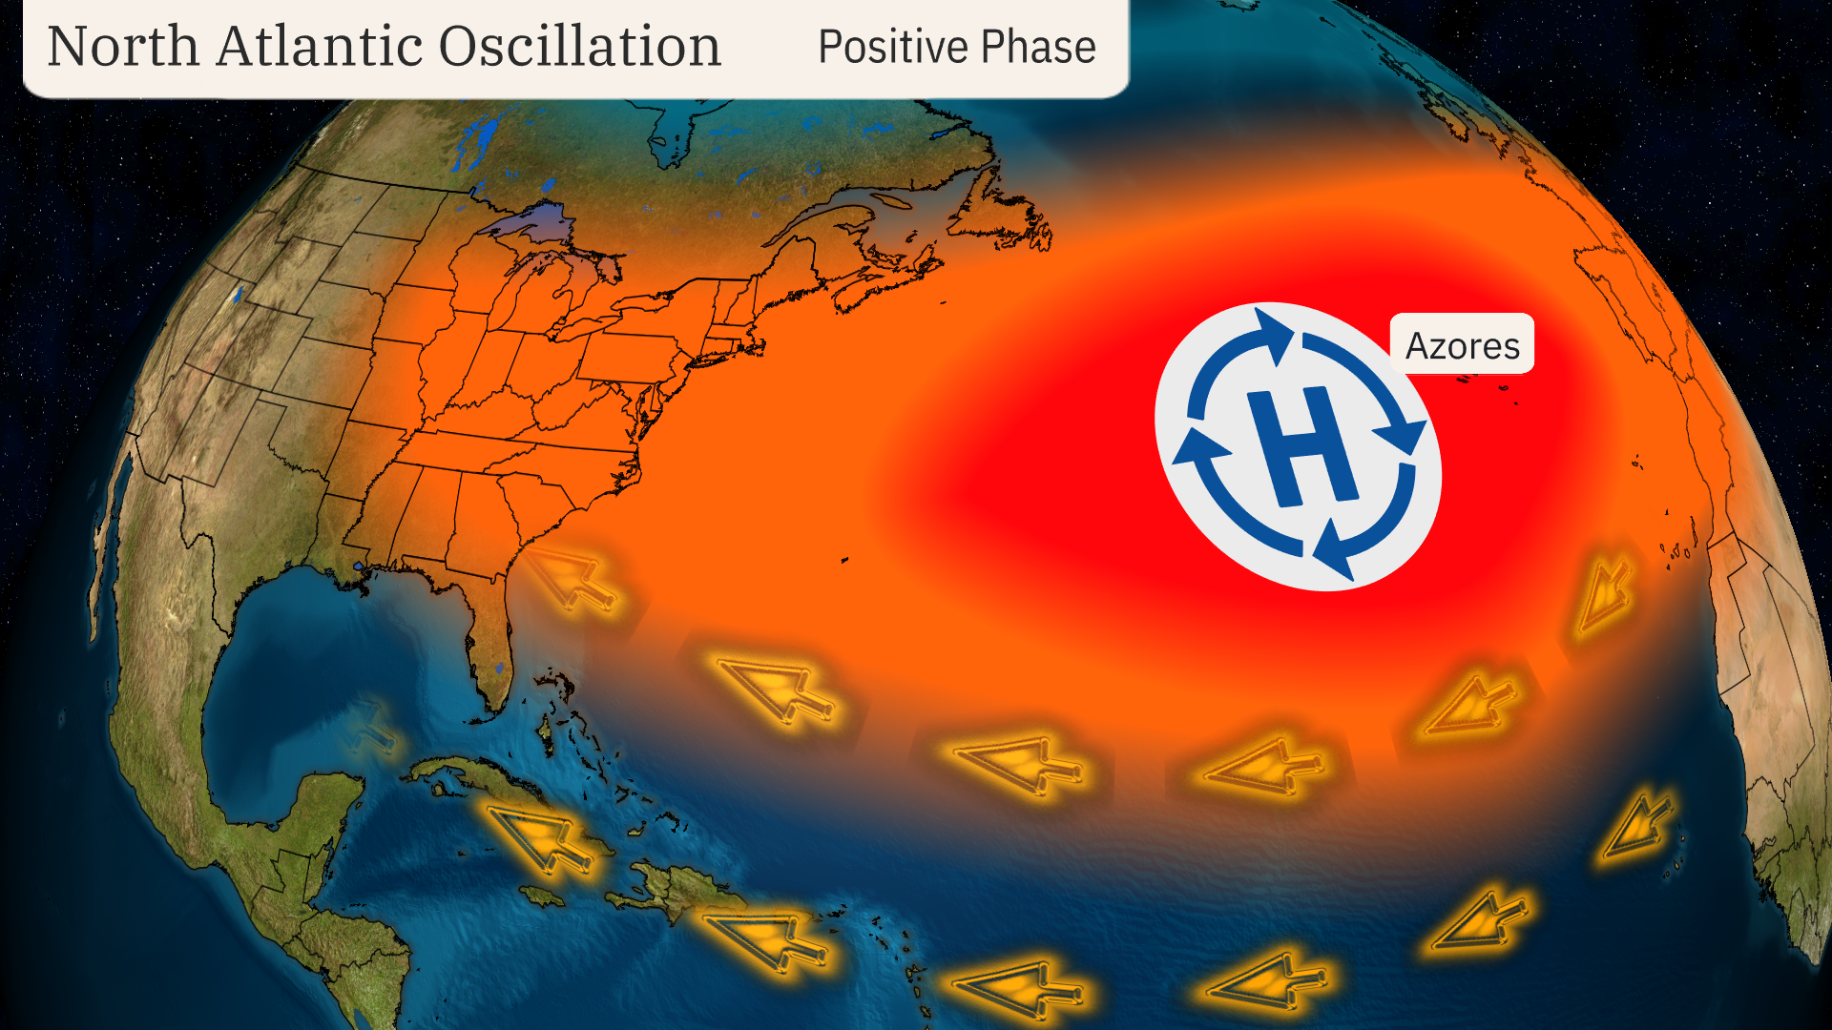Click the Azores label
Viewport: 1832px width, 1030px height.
tap(1462, 345)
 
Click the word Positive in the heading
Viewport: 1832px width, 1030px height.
tap(893, 47)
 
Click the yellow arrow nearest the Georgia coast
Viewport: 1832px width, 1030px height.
tap(572, 578)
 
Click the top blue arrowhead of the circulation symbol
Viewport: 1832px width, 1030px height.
tap(1274, 334)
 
